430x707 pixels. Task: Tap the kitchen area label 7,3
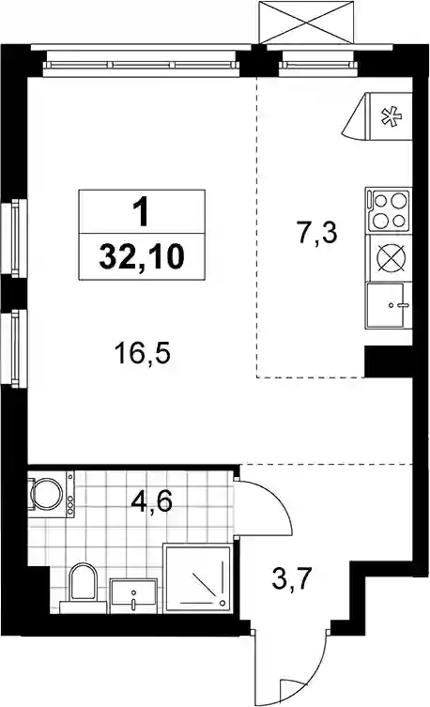[x=317, y=233]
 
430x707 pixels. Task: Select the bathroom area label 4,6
[x=152, y=501]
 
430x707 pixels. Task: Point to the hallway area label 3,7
[x=293, y=579]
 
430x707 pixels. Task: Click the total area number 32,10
[x=142, y=257]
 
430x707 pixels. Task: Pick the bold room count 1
[x=142, y=212]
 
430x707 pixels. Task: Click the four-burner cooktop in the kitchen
[x=389, y=210]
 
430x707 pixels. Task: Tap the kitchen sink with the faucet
[x=389, y=305]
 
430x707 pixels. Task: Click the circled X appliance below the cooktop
[x=391, y=258]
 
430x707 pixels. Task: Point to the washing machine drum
[x=47, y=494]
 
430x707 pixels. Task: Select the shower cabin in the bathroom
[x=198, y=578]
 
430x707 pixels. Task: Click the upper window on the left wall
[x=12, y=238]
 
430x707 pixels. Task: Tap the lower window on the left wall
[x=12, y=348]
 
